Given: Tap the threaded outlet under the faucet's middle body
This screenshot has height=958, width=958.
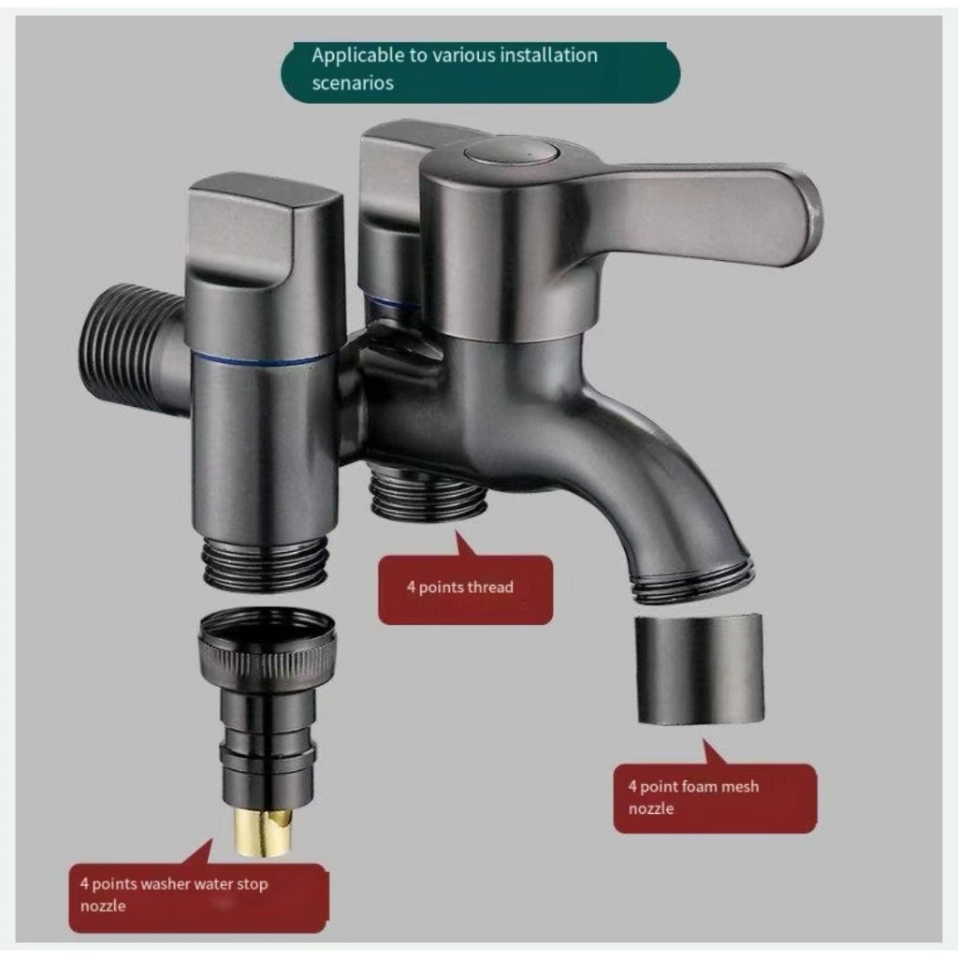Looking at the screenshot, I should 427,497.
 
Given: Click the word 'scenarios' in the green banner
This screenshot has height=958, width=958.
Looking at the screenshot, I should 353,82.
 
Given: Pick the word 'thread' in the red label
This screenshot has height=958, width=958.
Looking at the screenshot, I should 490,588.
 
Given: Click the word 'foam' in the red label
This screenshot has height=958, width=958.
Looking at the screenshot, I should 701,787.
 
